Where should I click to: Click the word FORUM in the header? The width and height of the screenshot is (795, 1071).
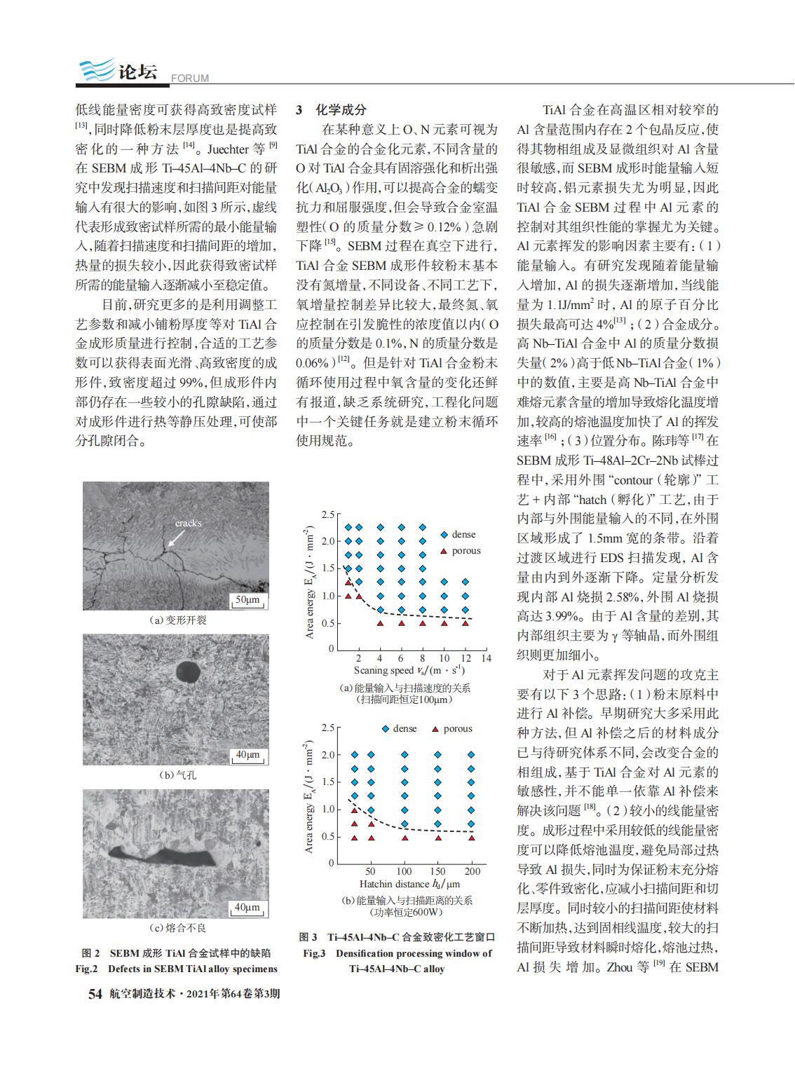click(189, 79)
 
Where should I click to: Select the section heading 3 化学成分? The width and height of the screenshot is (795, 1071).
click(331, 110)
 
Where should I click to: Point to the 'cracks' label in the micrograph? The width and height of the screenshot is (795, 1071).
click(188, 523)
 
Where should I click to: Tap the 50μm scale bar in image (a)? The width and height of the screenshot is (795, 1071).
click(246, 601)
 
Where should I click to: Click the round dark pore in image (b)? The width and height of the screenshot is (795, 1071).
click(188, 671)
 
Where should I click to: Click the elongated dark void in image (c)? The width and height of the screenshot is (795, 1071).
click(163, 857)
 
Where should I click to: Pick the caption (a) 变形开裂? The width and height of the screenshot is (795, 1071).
click(177, 620)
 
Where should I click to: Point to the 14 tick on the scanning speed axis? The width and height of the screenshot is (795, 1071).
click(486, 658)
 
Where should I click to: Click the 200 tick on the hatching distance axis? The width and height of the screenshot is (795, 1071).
click(473, 871)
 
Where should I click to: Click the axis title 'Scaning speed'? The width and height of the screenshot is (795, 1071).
click(384, 671)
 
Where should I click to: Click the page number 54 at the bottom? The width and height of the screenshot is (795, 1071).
click(95, 994)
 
